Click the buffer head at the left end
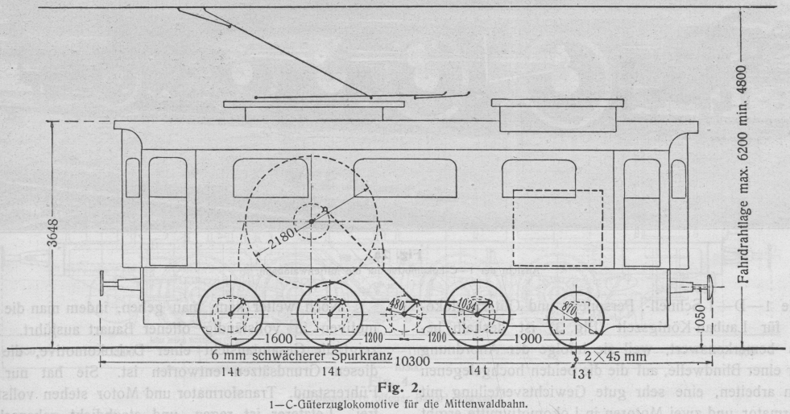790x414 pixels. tap(104, 284)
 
